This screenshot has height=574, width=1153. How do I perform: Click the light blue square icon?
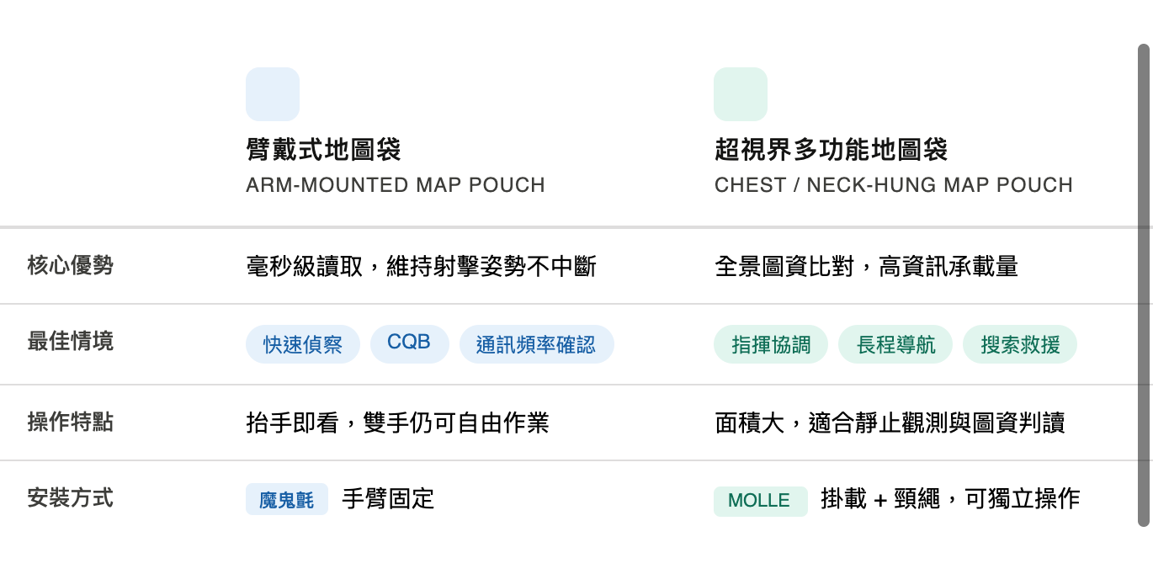pyautogui.click(x=273, y=94)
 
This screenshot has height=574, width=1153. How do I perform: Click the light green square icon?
pyautogui.click(x=741, y=94)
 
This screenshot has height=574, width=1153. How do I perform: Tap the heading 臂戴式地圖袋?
pyautogui.click(x=323, y=150)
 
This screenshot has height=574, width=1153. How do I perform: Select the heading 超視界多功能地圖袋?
pyautogui.click(x=831, y=150)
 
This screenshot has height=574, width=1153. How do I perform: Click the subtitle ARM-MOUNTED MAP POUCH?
pyautogui.click(x=395, y=185)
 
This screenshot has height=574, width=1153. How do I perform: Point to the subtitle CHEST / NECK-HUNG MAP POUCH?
pyautogui.click(x=893, y=185)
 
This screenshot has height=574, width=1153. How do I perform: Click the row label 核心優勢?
pyautogui.click(x=70, y=266)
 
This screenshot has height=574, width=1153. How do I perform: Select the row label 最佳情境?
pyautogui.click(x=70, y=342)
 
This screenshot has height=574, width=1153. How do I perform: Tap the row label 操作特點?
pyautogui.click(x=70, y=423)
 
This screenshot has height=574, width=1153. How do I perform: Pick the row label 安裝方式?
pyautogui.click(x=70, y=498)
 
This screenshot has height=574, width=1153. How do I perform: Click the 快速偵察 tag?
pyautogui.click(x=303, y=344)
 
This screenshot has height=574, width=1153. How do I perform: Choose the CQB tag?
pyautogui.click(x=409, y=343)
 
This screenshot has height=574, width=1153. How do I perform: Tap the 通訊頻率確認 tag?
pyautogui.click(x=536, y=344)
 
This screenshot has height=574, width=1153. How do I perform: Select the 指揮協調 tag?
pyautogui.click(x=771, y=344)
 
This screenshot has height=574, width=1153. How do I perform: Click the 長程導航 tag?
pyautogui.click(x=895, y=344)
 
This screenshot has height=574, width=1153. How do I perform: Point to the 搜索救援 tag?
pyautogui.click(x=1020, y=344)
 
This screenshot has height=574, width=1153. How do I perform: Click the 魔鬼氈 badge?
pyautogui.click(x=286, y=500)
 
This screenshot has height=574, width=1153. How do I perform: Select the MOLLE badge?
pyautogui.click(x=759, y=501)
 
